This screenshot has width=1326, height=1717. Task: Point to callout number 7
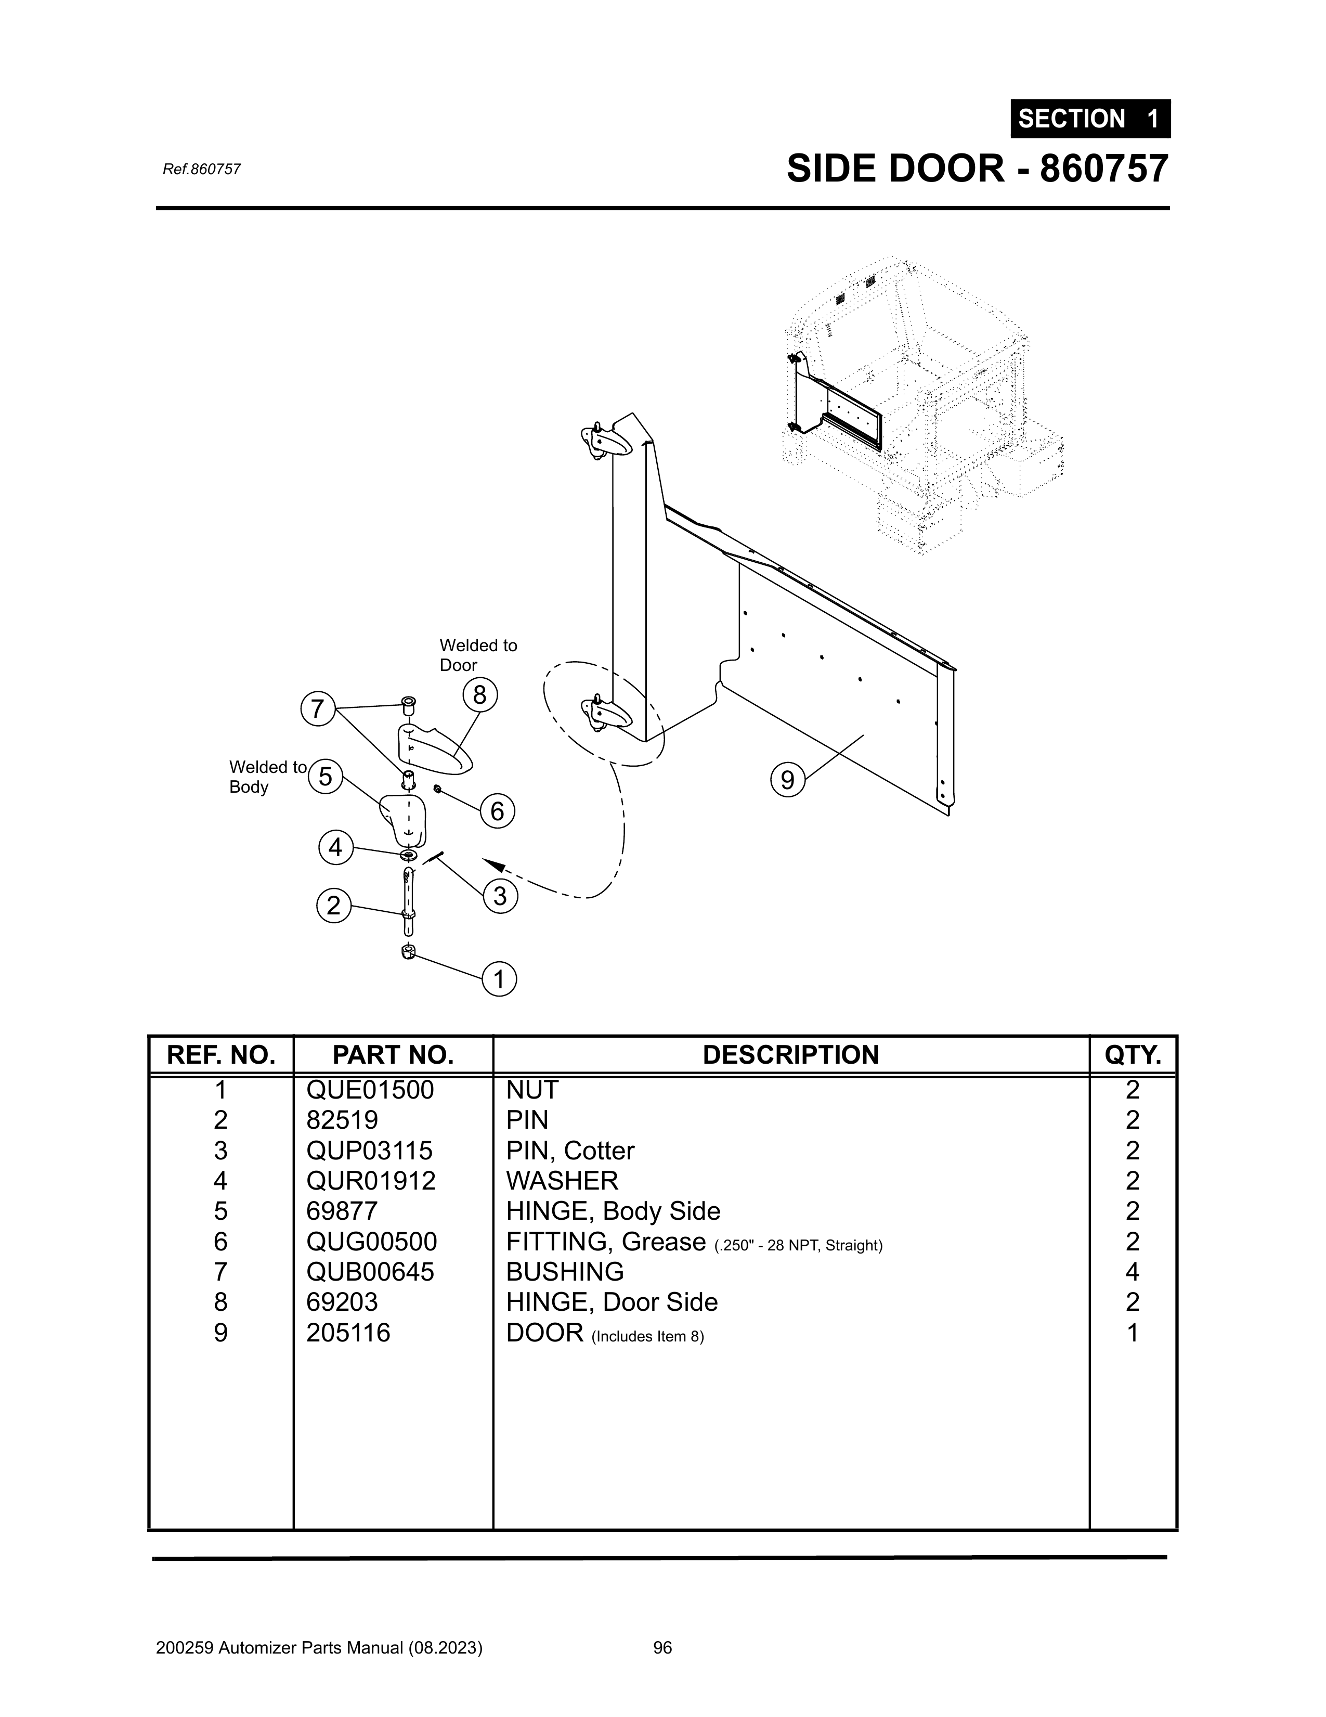pos(318,709)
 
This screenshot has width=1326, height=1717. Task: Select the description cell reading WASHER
pos(562,1181)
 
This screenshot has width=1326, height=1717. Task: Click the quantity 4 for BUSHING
pos(1132,1272)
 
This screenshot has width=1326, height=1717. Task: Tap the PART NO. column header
pos(393,1055)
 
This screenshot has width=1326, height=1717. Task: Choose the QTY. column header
pos(1133,1055)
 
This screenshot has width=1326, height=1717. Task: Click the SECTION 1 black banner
pos(1090,119)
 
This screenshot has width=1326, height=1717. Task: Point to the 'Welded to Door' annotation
pos(478,655)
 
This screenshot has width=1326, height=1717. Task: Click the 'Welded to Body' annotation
pos(267,777)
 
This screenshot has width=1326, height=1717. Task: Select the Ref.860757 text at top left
pos(201,169)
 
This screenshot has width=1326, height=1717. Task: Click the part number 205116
pos(348,1333)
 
